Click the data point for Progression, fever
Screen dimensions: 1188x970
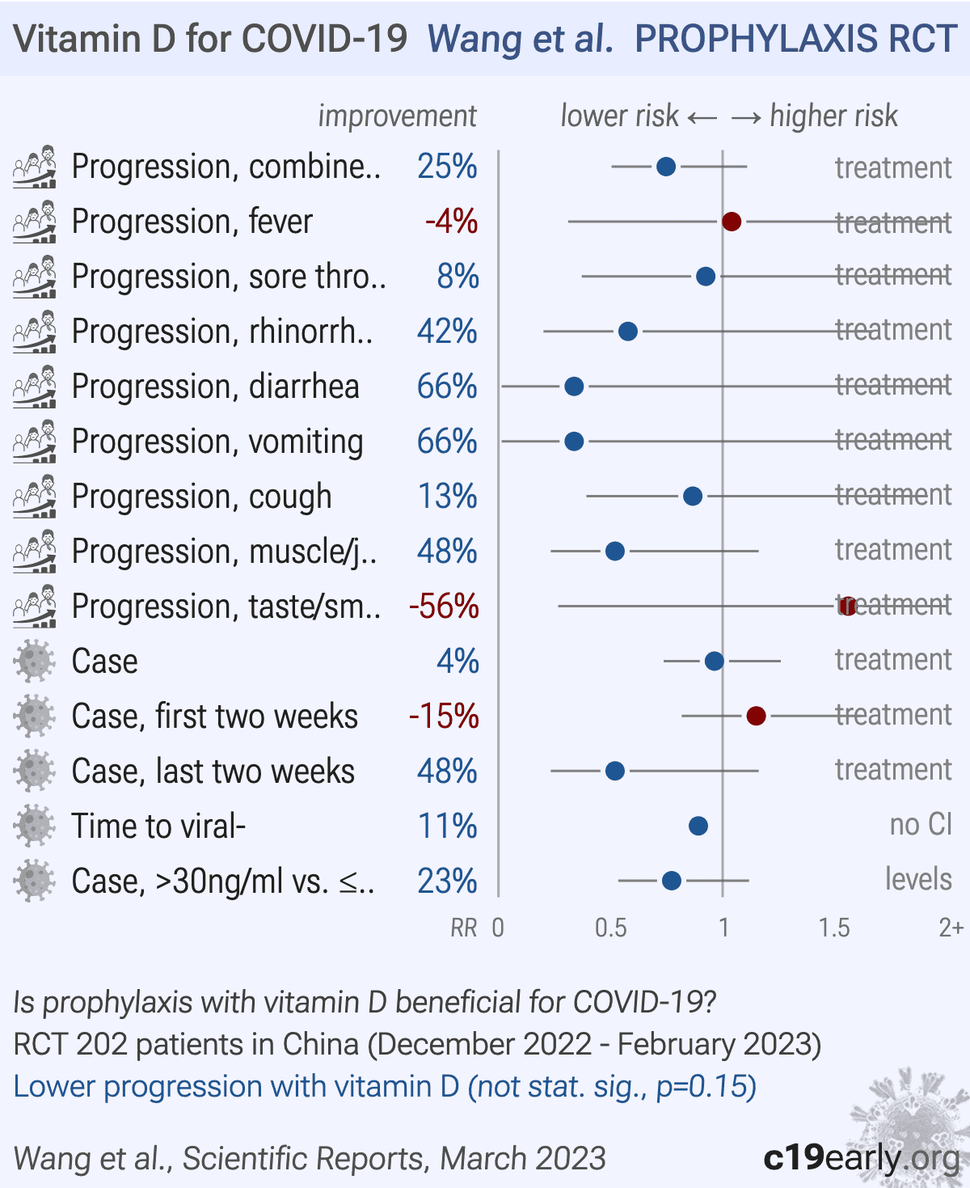pyautogui.click(x=732, y=222)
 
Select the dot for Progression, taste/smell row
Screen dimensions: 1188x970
pyautogui.click(x=847, y=607)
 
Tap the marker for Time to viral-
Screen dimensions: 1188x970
pyautogui.click(x=698, y=827)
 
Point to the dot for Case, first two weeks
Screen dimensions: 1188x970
pyautogui.click(x=756, y=716)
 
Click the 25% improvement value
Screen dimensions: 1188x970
pyautogui.click(x=447, y=167)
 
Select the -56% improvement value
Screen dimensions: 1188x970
pyautogui.click(x=444, y=607)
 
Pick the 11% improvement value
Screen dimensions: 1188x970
pyautogui.click(x=447, y=827)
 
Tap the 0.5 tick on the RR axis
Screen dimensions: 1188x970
pyautogui.click(x=610, y=928)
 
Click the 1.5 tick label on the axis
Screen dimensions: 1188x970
pyautogui.click(x=833, y=928)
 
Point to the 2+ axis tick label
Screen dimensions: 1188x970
pyautogui.click(x=951, y=928)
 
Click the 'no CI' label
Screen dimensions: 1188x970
pyautogui.click(x=921, y=825)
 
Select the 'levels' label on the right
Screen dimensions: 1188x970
pyautogui.click(x=918, y=880)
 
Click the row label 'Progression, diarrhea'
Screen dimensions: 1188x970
pyautogui.click(x=215, y=387)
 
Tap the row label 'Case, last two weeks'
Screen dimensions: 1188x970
pyautogui.click(x=213, y=772)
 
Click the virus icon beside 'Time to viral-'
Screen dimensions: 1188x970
pyautogui.click(x=34, y=827)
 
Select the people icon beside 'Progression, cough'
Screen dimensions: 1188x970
pyautogui.click(x=34, y=497)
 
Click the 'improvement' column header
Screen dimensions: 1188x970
pyautogui.click(x=397, y=116)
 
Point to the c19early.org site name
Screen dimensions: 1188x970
pyautogui.click(x=862, y=1158)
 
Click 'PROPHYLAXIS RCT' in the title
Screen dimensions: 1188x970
pyautogui.click(x=795, y=39)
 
